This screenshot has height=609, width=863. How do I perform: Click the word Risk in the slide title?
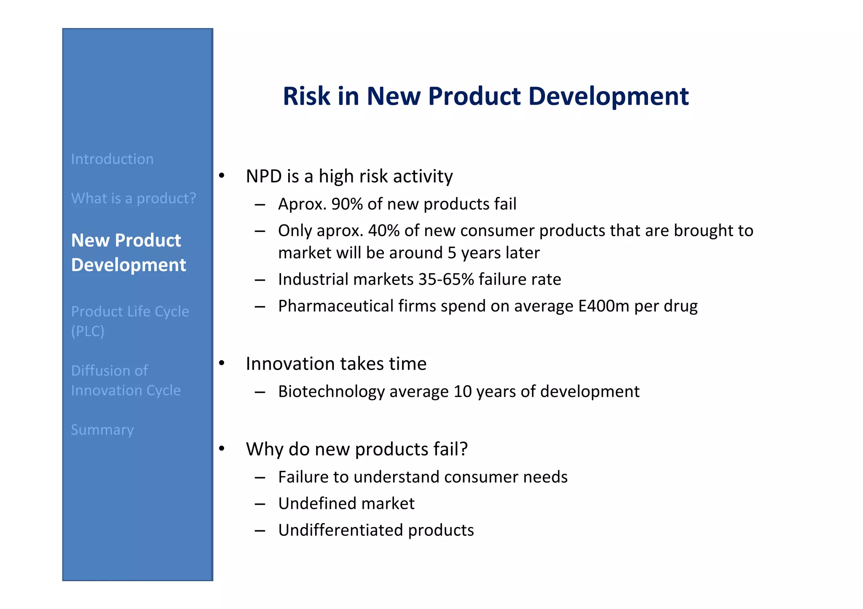point(306,96)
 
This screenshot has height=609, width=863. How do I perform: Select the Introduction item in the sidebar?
point(112,159)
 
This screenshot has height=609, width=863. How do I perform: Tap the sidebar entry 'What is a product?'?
point(134,198)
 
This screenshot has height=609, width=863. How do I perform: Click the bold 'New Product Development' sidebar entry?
point(128,253)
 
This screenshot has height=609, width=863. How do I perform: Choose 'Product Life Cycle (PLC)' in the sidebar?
point(130,321)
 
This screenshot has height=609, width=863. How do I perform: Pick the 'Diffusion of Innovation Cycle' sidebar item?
point(126,380)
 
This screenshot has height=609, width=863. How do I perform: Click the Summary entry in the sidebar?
point(102,430)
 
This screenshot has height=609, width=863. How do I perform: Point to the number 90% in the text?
point(347,204)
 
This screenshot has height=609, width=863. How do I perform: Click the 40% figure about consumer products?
point(383,231)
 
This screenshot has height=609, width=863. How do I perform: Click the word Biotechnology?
point(331,392)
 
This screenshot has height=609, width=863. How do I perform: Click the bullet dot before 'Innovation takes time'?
point(222,363)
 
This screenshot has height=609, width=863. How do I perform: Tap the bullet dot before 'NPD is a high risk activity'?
point(222,176)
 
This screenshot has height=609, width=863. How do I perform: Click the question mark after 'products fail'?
point(464,449)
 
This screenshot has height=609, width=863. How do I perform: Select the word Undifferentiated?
point(340,530)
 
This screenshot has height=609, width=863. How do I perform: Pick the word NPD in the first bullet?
point(264,176)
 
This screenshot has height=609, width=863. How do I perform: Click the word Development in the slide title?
point(608,96)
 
